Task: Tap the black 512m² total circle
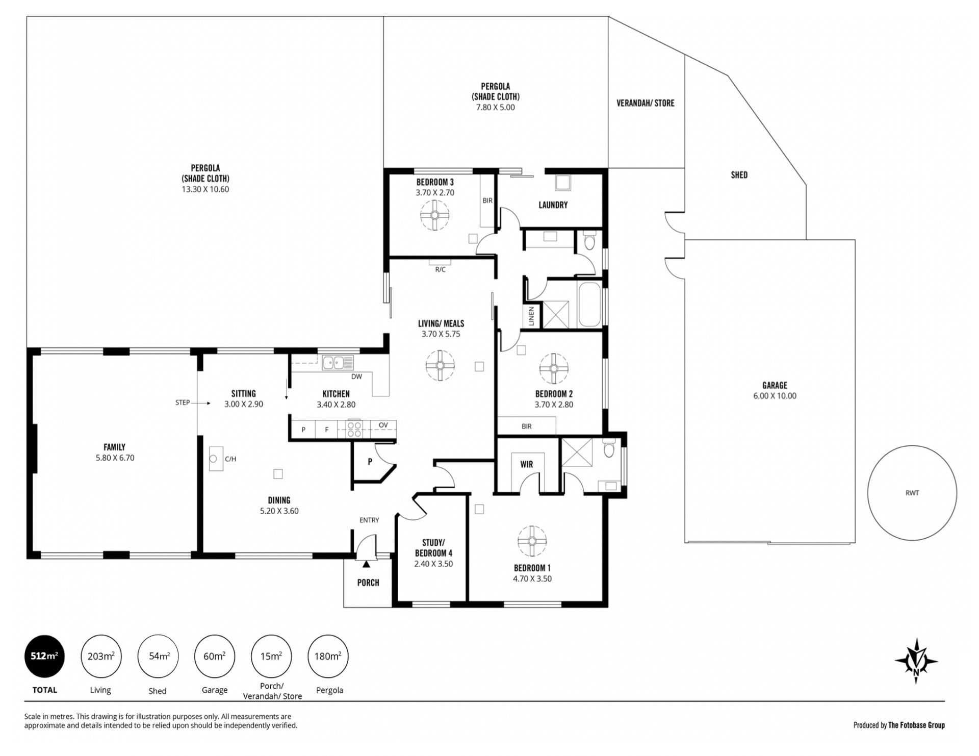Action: (x=45, y=656)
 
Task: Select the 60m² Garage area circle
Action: (x=215, y=656)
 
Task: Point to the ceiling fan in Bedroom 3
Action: (x=435, y=215)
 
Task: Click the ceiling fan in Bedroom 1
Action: (x=532, y=541)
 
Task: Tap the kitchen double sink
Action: (x=338, y=362)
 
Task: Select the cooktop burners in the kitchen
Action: (x=354, y=429)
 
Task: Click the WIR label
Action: (x=527, y=464)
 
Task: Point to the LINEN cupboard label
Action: (x=531, y=316)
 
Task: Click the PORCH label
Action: (x=368, y=583)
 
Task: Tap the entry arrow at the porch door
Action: (x=366, y=564)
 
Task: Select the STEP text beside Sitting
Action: (x=183, y=402)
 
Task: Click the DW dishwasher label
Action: (x=356, y=376)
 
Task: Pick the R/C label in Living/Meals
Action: (x=440, y=269)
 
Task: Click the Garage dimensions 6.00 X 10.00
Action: (x=775, y=396)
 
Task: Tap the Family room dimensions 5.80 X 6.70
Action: (x=115, y=458)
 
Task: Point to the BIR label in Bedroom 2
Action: (x=527, y=426)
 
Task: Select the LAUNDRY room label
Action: (x=553, y=205)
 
